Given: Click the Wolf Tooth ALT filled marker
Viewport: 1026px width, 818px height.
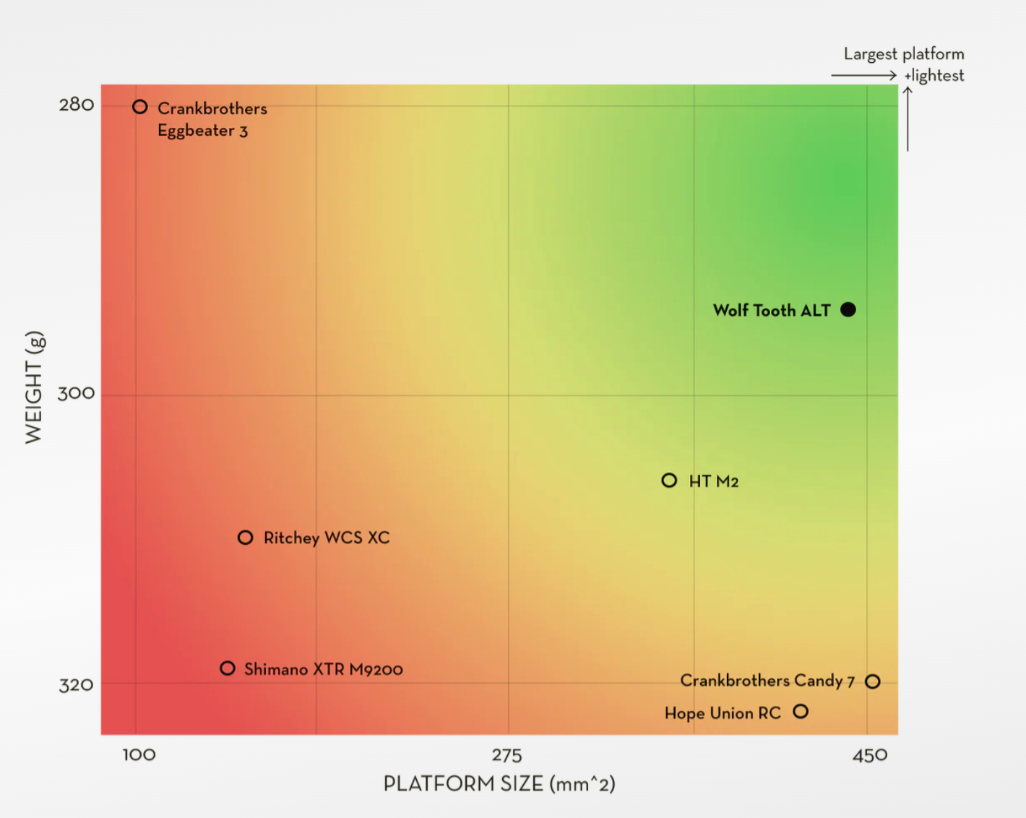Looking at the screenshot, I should click(x=848, y=310).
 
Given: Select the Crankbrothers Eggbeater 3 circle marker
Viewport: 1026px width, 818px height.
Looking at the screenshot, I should click(x=140, y=107).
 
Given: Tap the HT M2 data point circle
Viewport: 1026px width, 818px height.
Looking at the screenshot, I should click(x=669, y=481).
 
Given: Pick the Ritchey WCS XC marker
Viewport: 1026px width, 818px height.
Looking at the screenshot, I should click(x=246, y=538).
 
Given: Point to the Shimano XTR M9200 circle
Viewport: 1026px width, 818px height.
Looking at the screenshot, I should click(x=228, y=668).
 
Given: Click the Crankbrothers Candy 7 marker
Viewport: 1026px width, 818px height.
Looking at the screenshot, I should click(x=873, y=681).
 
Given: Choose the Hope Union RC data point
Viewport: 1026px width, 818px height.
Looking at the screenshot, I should click(x=801, y=712).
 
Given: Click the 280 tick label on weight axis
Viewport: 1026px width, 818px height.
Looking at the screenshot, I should click(x=77, y=106).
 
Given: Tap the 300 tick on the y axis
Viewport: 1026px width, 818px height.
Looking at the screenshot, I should click(x=76, y=394).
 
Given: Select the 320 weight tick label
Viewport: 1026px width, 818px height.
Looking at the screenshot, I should click(x=76, y=685).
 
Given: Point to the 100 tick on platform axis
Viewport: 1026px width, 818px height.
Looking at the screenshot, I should click(x=139, y=755).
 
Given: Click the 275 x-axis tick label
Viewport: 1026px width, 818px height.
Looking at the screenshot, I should click(x=506, y=756).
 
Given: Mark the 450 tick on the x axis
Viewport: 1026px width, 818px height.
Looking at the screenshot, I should click(x=870, y=756).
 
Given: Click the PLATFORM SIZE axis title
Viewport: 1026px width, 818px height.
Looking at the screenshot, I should click(x=499, y=784).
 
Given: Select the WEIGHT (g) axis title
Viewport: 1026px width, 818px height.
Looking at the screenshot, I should click(x=34, y=387).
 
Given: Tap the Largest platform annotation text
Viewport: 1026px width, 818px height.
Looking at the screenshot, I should click(x=904, y=54).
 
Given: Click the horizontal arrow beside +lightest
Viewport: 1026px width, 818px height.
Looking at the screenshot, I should click(x=863, y=75).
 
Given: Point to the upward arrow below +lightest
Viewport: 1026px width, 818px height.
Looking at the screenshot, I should click(x=908, y=119).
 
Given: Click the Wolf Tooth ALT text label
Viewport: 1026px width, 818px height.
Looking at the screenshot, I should click(x=772, y=311).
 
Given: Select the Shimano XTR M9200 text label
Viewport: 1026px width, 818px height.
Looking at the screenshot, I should click(x=324, y=670).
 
